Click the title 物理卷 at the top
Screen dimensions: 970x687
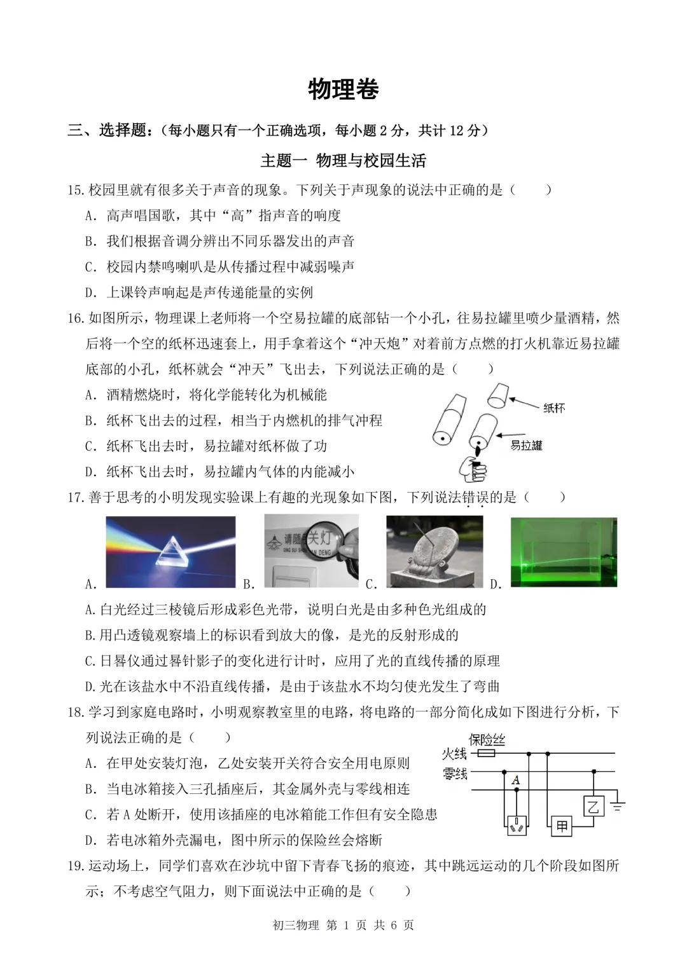click(x=343, y=90)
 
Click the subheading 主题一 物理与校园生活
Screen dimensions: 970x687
click(x=343, y=161)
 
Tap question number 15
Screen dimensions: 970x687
click(x=76, y=190)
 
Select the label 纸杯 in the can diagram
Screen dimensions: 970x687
click(x=554, y=408)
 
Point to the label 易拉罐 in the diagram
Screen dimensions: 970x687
click(x=526, y=446)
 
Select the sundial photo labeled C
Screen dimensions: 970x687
click(x=434, y=551)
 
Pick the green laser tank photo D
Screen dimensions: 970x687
click(x=564, y=552)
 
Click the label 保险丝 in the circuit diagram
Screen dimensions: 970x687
click(x=487, y=740)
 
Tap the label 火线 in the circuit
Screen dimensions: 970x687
click(x=455, y=755)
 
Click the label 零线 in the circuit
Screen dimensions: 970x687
click(x=455, y=774)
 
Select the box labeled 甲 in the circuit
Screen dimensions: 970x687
click(x=562, y=826)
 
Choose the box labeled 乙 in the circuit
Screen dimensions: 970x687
click(x=593, y=806)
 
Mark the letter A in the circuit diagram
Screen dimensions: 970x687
click(x=515, y=780)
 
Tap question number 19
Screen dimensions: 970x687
click(x=76, y=866)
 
